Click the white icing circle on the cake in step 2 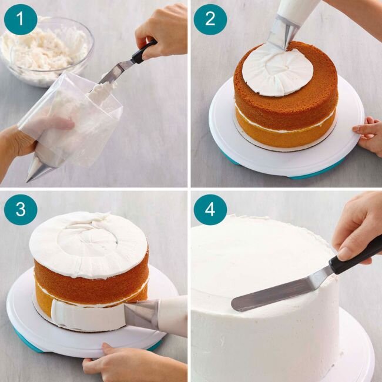click(277, 70)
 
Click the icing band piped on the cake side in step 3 click(82, 314)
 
